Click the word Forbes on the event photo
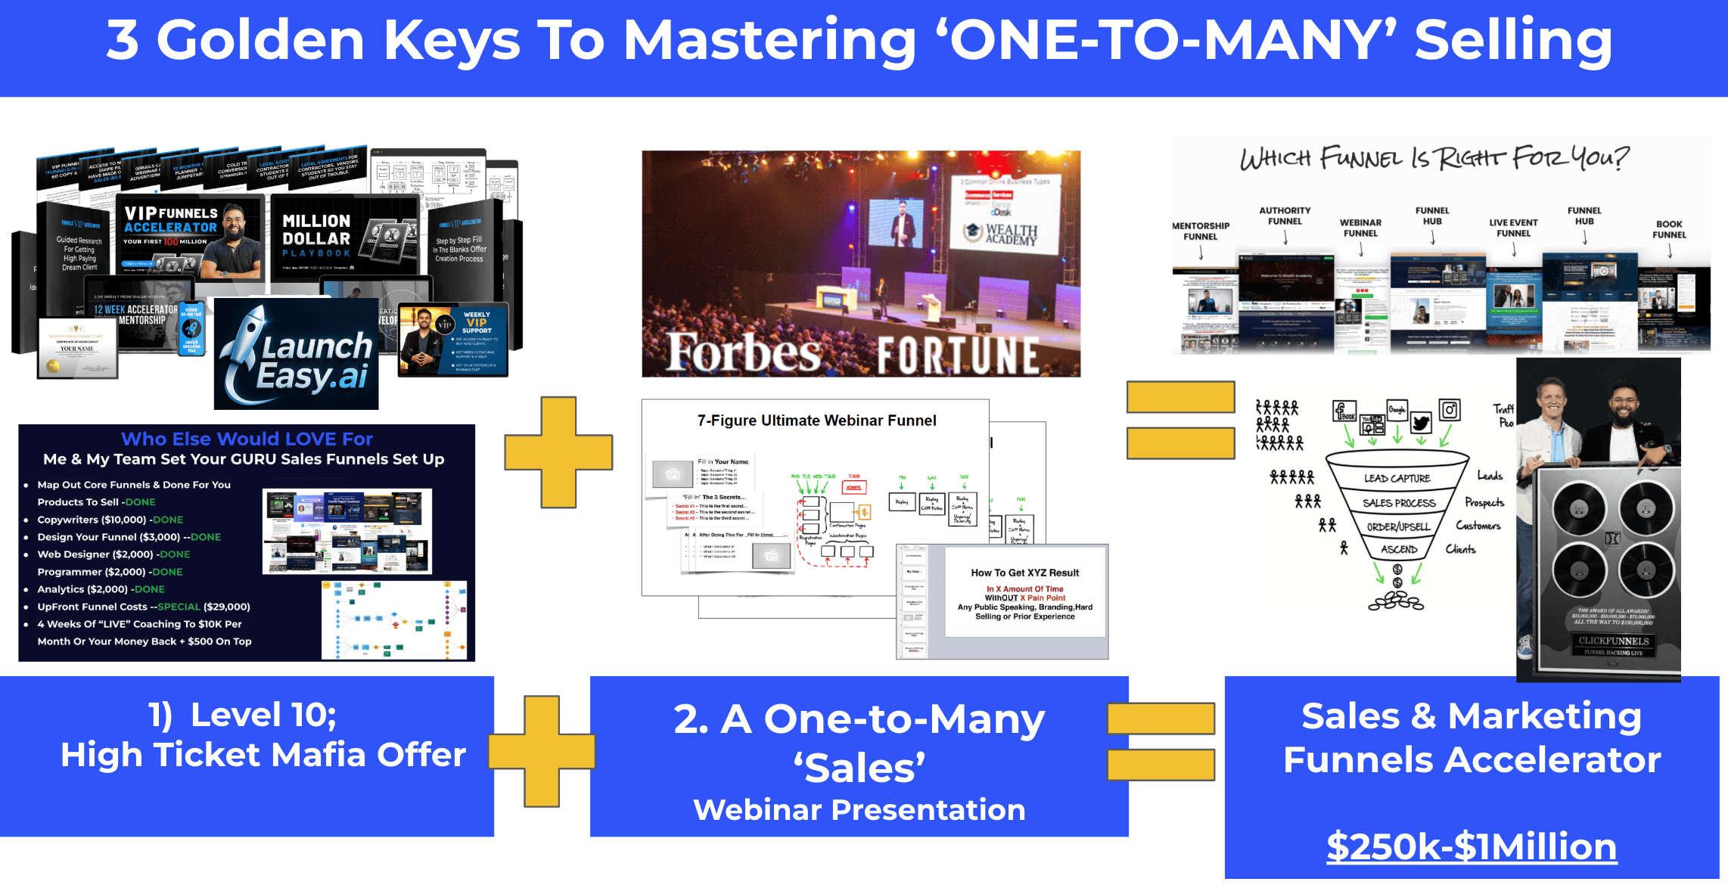(x=744, y=352)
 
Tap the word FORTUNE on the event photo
(x=958, y=355)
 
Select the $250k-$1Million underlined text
(x=1472, y=846)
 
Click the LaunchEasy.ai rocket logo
(x=297, y=354)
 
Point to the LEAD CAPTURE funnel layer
(x=1397, y=478)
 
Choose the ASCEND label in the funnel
(x=1399, y=550)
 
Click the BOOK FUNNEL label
(x=1669, y=229)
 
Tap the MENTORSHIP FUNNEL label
(x=1201, y=231)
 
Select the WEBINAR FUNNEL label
(x=1360, y=228)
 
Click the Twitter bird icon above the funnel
(x=1420, y=423)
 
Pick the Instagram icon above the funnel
(x=1450, y=410)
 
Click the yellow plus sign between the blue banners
(x=542, y=750)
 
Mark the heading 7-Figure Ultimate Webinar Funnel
(x=816, y=421)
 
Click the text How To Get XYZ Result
(x=1024, y=573)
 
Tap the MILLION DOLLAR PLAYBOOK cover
(x=344, y=235)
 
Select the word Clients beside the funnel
(x=1460, y=549)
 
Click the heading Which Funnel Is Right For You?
(x=1434, y=158)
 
